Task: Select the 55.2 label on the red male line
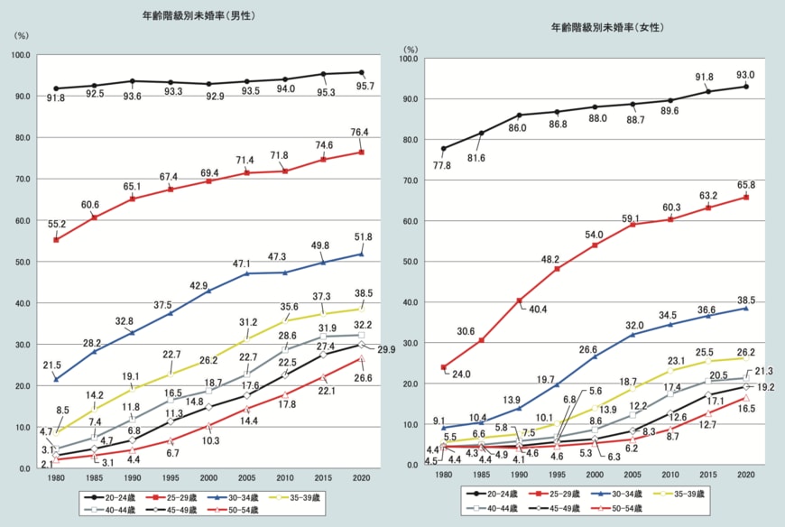[56, 223]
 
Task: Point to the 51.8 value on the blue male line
[363, 238]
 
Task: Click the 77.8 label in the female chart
[442, 165]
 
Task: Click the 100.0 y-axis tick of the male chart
[20, 55]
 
